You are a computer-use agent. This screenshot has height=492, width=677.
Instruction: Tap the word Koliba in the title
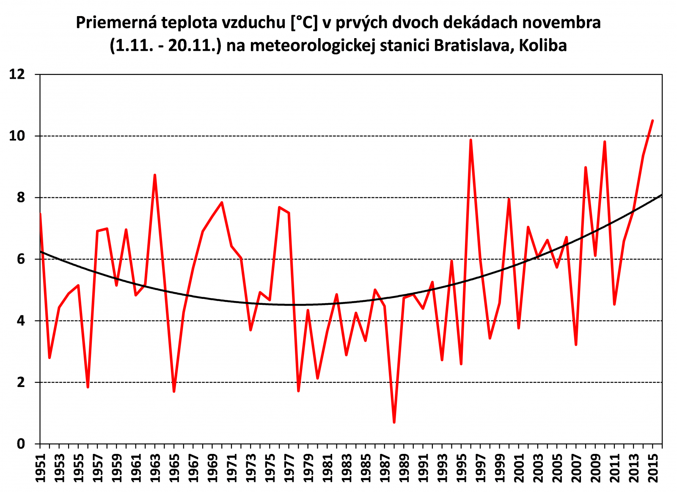(543, 45)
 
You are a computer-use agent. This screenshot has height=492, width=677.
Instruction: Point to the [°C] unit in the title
(304, 22)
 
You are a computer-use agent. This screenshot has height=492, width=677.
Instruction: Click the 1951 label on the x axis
(40, 468)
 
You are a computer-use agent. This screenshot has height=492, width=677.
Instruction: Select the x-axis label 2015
(653, 468)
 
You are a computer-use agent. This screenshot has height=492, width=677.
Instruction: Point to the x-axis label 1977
(289, 468)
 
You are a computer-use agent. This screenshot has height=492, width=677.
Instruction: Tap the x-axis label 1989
(404, 468)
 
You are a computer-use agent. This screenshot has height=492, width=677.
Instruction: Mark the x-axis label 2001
(519, 468)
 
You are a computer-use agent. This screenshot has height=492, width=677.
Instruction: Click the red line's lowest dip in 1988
(394, 422)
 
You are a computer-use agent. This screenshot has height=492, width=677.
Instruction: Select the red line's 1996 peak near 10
(471, 140)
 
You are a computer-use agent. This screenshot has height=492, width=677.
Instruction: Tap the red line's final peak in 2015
(652, 121)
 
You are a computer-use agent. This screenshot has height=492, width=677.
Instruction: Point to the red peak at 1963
(155, 175)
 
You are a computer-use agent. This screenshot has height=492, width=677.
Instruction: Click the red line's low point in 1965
(174, 391)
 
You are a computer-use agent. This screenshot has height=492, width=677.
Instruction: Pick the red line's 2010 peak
(605, 142)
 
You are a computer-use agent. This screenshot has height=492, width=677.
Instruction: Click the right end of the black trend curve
(661, 195)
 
